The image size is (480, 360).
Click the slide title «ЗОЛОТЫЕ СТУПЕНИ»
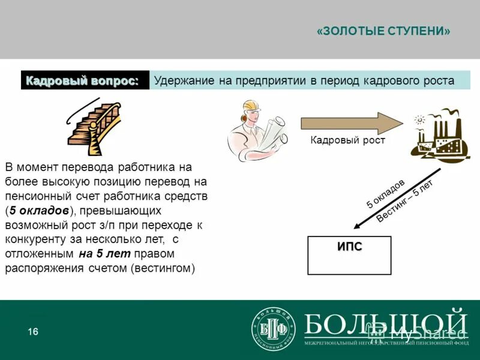383,31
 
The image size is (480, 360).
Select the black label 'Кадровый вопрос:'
85,80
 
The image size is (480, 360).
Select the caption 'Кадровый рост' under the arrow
347,140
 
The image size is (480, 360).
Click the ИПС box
349,255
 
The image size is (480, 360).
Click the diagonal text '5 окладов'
386,193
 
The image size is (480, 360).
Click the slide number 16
33,332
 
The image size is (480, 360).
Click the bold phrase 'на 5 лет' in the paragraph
98,253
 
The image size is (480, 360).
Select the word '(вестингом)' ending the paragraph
162,268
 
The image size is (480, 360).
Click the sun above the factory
419,120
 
